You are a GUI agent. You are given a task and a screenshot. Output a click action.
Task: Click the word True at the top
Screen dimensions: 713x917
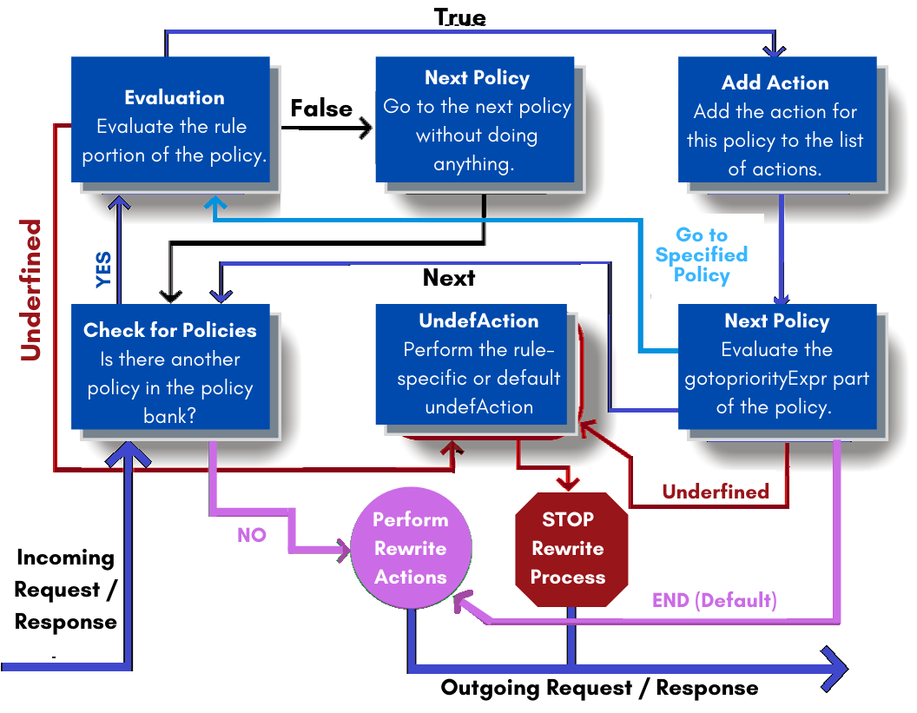click(x=459, y=17)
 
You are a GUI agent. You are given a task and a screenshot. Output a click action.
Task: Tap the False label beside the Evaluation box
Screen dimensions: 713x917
click(x=321, y=109)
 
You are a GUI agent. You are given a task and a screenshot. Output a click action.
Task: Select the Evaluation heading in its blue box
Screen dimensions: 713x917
click(x=175, y=97)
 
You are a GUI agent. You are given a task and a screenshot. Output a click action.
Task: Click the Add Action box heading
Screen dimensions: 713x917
click(x=775, y=83)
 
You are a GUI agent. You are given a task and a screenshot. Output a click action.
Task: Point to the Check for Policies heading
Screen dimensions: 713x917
click(x=170, y=330)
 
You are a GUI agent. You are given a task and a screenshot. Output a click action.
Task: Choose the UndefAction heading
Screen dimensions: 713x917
click(x=478, y=320)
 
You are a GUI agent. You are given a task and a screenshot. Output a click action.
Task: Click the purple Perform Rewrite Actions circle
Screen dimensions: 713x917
click(x=411, y=549)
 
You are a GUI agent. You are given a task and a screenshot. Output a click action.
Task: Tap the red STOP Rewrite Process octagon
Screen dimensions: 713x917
click(x=569, y=548)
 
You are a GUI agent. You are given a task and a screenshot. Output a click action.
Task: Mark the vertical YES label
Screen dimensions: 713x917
click(x=103, y=269)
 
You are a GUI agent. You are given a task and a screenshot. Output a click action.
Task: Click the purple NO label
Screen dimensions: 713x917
click(x=252, y=536)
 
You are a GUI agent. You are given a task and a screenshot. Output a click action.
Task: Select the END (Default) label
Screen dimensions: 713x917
click(x=714, y=600)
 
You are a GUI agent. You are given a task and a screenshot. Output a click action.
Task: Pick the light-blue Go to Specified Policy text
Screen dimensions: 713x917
click(x=702, y=254)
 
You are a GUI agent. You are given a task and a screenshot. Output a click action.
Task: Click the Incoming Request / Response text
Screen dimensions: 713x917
click(x=66, y=590)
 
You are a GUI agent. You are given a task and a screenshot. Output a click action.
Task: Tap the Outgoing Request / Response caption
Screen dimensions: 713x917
click(x=599, y=688)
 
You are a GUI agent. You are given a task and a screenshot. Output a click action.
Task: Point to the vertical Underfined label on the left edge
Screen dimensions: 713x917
click(x=31, y=290)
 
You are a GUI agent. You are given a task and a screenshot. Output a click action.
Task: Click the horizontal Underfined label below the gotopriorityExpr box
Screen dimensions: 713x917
click(x=716, y=492)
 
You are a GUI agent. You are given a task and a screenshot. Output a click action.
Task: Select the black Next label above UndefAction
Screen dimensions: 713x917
click(x=449, y=278)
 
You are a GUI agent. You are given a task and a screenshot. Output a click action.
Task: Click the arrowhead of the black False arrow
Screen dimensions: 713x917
click(x=365, y=129)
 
